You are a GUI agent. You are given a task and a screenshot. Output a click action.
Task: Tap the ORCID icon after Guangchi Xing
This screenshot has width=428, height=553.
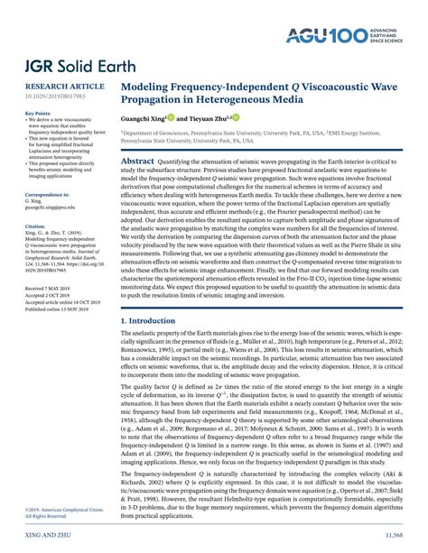tap(169, 117)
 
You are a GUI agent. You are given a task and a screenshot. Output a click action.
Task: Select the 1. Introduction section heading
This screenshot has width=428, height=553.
tap(154, 346)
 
